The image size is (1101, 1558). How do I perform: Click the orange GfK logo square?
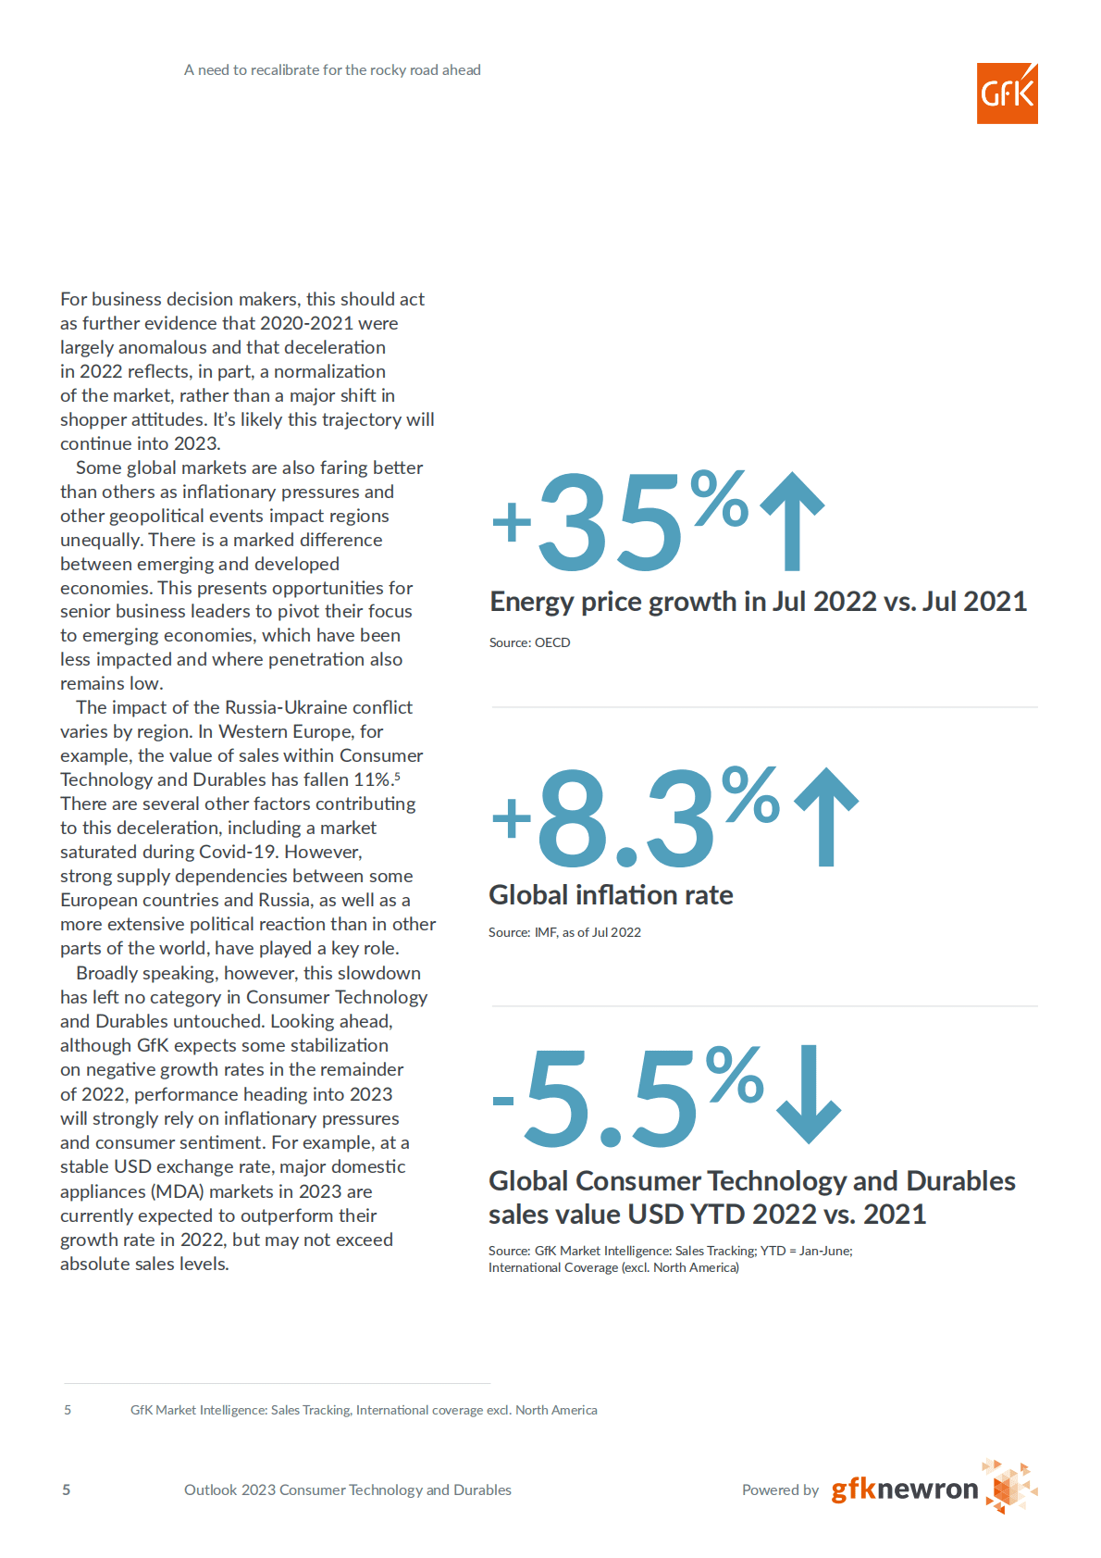[1007, 93]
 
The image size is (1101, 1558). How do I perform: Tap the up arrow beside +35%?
[792, 520]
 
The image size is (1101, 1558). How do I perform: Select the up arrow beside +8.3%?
[826, 816]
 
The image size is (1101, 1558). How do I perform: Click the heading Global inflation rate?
[611, 895]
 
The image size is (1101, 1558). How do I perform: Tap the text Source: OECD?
[529, 642]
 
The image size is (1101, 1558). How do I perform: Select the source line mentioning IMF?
[564, 932]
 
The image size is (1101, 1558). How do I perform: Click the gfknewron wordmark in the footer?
[904, 1489]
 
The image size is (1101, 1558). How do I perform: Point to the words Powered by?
[780, 1489]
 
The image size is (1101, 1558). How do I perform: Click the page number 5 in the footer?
[67, 1489]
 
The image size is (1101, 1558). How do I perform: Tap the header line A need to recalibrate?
[332, 70]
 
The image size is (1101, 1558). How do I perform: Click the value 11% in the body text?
[371, 779]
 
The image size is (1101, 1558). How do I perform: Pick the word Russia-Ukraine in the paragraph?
[286, 707]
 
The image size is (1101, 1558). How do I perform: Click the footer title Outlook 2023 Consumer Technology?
[347, 1489]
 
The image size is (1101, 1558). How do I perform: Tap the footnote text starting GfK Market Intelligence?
[364, 1410]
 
